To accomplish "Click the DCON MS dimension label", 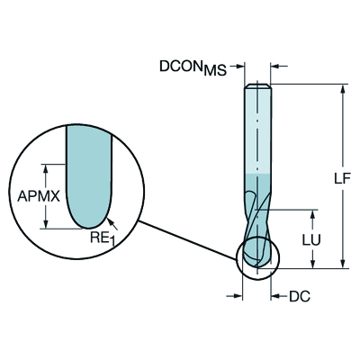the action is [x=193, y=67].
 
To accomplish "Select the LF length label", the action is [x=342, y=178].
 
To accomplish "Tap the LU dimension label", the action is [x=311, y=239].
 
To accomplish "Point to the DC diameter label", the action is [x=300, y=296].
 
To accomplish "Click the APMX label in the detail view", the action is [x=39, y=197].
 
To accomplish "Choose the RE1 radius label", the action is [x=103, y=238].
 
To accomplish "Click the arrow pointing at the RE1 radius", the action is [x=112, y=224].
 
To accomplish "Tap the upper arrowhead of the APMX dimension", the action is [x=46, y=168].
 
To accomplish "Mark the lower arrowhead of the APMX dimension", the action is [x=46, y=224].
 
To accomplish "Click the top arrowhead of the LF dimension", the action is [x=342, y=88].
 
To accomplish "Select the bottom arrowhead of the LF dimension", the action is [x=342, y=264].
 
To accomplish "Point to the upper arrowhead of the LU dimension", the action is [x=312, y=214].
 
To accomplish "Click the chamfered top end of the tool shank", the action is [x=257, y=85].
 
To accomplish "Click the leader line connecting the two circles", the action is [x=186, y=240].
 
